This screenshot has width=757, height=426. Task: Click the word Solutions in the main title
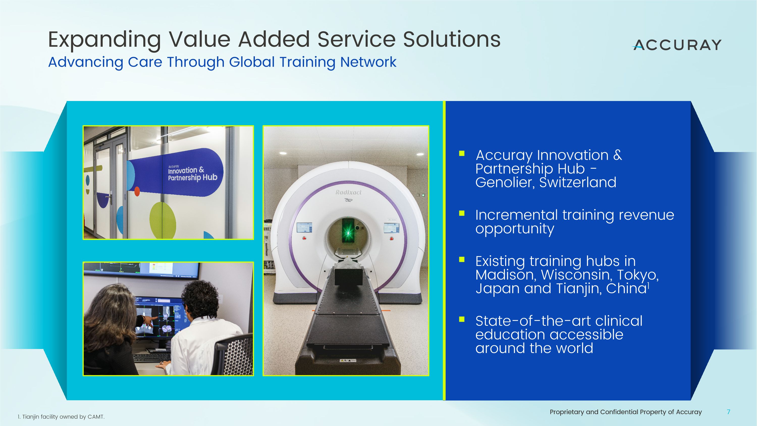pos(451,39)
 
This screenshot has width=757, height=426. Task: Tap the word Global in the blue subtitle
pos(252,62)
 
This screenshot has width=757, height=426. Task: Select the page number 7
pos(728,412)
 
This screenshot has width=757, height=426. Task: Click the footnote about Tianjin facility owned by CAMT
pos(61,417)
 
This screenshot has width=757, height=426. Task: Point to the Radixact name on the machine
pos(348,192)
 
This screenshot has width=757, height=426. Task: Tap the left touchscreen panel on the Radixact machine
pos(304,228)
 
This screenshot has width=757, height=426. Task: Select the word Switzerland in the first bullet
pos(577,182)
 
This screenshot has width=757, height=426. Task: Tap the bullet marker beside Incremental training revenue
pos(462,213)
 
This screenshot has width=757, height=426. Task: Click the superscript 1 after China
pos(648,285)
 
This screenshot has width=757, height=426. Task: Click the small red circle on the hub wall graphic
pos(137,191)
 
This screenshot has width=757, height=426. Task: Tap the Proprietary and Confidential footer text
pos(625,412)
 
